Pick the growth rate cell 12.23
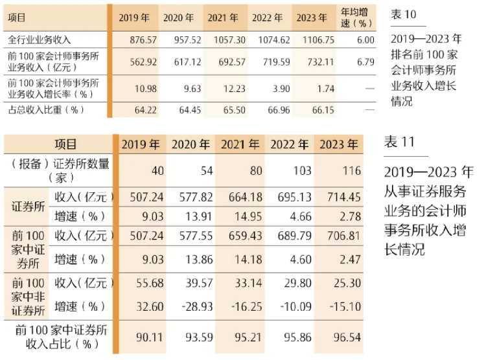pyautogui.click(x=231, y=87)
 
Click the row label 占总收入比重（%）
pyautogui.click(x=45, y=110)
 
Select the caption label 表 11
pyautogui.click(x=399, y=142)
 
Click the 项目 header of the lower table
pyautogui.click(x=65, y=144)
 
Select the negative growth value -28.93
pyautogui.click(x=192, y=306)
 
